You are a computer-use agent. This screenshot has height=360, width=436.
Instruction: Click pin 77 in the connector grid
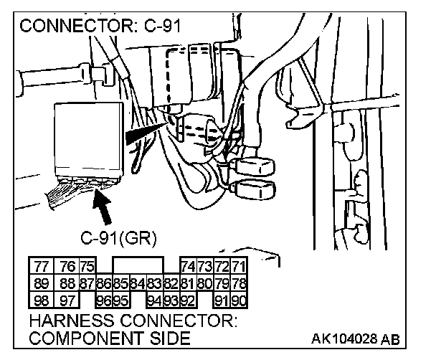[x=41, y=266]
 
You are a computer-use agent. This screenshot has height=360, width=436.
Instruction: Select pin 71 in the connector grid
[x=239, y=266]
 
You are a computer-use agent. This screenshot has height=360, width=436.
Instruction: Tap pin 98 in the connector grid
[x=41, y=300]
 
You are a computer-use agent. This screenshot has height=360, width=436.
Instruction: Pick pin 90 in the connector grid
[x=239, y=300]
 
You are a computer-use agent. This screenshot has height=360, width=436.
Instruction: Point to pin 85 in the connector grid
[x=121, y=283]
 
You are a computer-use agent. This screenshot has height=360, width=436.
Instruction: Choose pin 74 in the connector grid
[x=189, y=266]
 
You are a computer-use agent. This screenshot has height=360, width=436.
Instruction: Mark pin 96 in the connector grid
[x=104, y=300]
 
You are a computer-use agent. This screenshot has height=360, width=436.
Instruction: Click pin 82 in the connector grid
[x=171, y=283]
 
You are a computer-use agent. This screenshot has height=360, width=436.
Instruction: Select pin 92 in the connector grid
[x=189, y=300]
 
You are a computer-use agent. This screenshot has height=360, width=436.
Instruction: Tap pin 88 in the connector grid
[x=67, y=283]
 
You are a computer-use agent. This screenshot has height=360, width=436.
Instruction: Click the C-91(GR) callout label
[x=119, y=238]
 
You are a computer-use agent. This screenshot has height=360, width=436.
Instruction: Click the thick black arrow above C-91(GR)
[x=103, y=207]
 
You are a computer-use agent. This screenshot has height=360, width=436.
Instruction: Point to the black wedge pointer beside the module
[x=146, y=133]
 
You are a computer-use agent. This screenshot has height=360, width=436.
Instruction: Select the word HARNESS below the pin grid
[x=72, y=321]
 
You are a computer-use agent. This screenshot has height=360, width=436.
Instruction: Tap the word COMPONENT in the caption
[x=87, y=338]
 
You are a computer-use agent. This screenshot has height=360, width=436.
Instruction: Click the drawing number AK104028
[x=344, y=338]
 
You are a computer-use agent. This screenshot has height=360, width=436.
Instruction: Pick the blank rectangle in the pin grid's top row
[x=138, y=265]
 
